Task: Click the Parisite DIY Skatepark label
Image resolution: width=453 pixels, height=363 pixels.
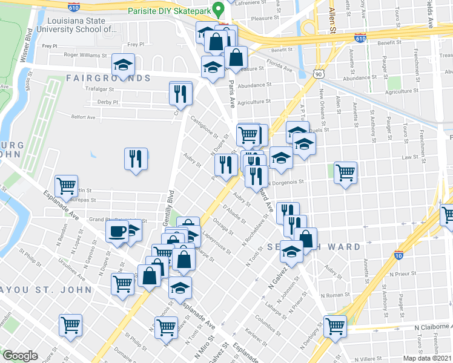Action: (x=171, y=11)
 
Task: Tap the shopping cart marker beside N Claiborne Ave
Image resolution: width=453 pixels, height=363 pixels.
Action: (x=335, y=325)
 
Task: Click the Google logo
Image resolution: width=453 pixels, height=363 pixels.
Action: (x=20, y=356)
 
